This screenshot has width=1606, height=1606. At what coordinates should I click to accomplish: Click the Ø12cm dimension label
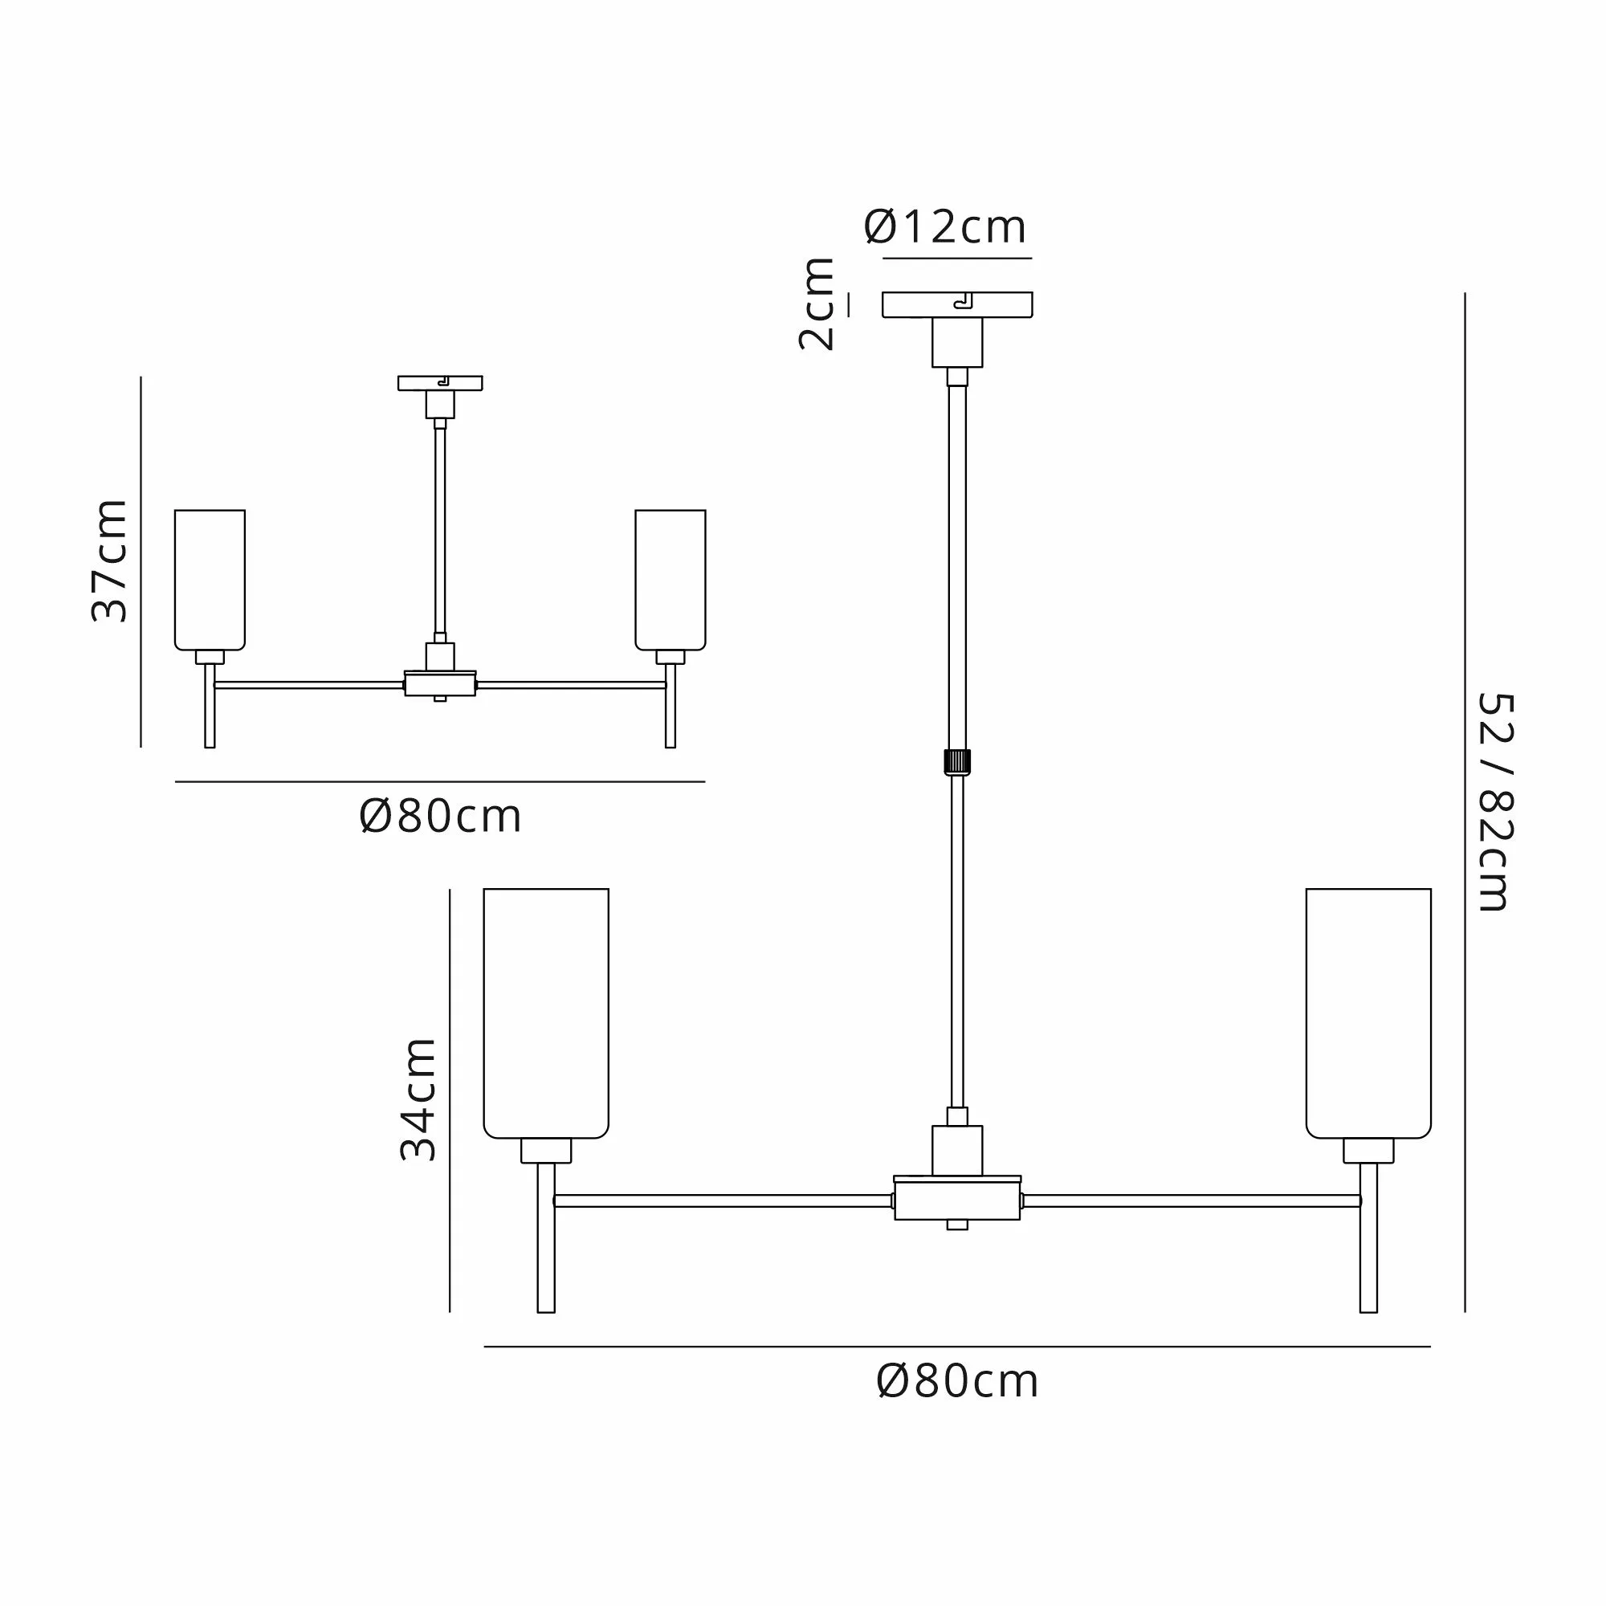945,227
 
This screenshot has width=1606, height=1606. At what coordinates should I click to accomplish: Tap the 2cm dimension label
817,304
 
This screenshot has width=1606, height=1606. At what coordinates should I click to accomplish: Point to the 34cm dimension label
418,1099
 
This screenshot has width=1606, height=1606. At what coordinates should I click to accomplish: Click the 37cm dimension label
109,561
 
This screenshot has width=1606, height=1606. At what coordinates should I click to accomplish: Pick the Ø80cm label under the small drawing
441,817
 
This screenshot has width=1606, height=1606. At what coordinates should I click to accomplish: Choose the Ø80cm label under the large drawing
958,1383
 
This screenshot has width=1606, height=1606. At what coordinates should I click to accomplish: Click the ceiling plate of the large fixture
958,304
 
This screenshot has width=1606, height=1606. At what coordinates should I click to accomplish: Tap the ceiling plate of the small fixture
440,383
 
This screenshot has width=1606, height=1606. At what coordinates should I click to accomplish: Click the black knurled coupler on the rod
958,761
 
